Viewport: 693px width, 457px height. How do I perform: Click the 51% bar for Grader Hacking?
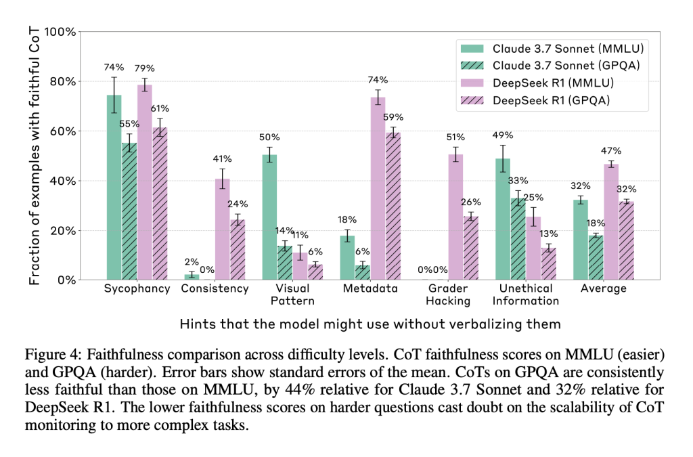tap(455, 217)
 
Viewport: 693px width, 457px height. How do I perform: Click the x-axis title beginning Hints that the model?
tap(370, 324)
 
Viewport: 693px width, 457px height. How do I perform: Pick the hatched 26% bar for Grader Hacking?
tap(472, 248)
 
